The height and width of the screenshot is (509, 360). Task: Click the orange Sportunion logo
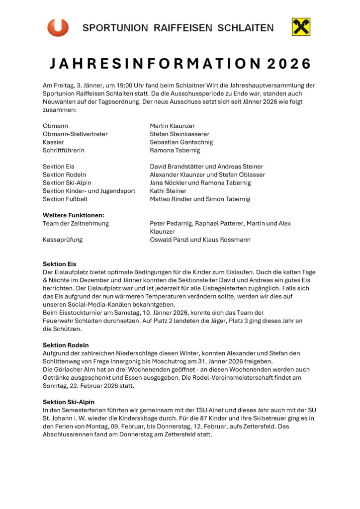click(x=58, y=27)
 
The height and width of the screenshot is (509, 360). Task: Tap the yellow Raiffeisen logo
click(x=301, y=27)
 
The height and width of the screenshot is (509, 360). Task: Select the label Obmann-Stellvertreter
click(x=75, y=134)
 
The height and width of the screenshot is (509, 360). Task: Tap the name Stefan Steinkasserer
click(x=180, y=134)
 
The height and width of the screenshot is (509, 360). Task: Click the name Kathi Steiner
click(x=168, y=191)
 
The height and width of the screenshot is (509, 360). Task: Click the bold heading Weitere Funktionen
click(x=74, y=215)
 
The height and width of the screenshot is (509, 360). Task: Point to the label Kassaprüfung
click(x=63, y=240)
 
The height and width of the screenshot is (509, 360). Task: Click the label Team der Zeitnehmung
click(x=76, y=224)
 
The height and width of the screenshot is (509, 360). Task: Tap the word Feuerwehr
click(x=58, y=321)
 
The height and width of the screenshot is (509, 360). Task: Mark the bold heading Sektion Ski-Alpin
click(x=69, y=402)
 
